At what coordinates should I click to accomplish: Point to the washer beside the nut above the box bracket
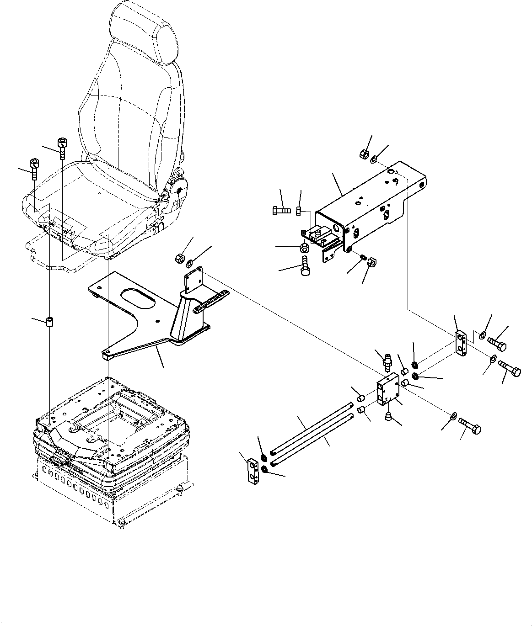click(x=374, y=159)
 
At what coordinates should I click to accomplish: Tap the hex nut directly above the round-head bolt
click(x=303, y=248)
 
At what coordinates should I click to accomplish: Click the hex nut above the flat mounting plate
click(x=179, y=258)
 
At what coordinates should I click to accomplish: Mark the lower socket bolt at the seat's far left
click(x=34, y=169)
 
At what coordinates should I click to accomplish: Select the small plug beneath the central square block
click(x=389, y=416)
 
